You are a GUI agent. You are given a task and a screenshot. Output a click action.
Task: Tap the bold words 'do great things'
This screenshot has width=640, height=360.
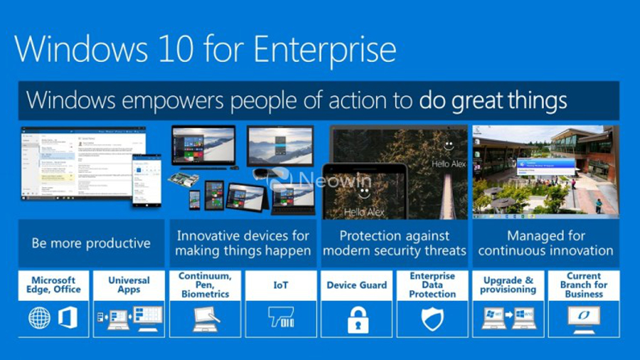point(493,100)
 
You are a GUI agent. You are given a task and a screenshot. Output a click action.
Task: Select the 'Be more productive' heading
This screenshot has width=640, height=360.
point(91,243)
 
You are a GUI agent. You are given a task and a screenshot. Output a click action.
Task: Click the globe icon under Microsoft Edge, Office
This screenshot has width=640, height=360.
point(39,318)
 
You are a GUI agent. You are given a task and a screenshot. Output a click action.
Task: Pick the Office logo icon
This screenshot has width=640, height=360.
point(68,318)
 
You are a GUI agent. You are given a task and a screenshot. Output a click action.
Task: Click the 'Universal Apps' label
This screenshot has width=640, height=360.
point(129,285)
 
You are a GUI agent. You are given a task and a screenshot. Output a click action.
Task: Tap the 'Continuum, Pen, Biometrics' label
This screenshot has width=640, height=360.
point(205,285)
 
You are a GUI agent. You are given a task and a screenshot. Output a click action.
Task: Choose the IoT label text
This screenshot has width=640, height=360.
point(280,285)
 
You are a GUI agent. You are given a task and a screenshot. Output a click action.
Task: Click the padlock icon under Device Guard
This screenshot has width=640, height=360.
point(358,319)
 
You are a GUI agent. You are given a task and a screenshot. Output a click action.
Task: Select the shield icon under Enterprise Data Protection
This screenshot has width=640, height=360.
point(432,319)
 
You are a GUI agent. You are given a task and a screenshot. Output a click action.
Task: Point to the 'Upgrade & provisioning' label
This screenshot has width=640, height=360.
point(508,285)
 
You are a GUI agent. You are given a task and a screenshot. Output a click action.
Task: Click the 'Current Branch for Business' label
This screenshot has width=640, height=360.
point(584,285)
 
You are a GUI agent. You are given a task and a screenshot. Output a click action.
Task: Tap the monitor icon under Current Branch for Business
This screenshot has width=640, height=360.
point(584,317)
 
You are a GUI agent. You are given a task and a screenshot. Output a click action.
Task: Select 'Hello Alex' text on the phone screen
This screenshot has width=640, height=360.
point(364,212)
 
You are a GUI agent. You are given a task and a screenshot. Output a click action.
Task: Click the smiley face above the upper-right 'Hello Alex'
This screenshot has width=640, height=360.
point(448,145)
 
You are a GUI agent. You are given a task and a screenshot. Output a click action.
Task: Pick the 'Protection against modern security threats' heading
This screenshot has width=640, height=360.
point(394,243)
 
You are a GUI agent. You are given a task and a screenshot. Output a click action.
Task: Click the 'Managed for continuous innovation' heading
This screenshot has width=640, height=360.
point(545,243)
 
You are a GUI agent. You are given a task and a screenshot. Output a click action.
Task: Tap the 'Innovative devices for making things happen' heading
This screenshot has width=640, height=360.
point(242,243)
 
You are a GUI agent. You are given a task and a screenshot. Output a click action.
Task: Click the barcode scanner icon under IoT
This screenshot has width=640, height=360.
point(281,318)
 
